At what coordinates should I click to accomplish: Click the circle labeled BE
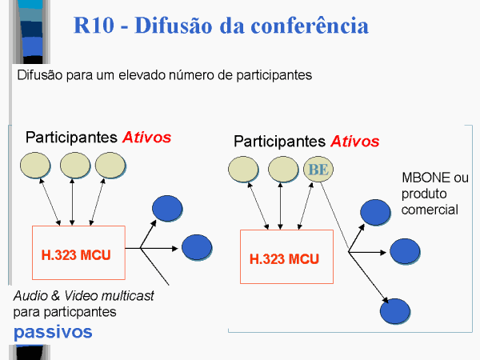(x=318, y=170)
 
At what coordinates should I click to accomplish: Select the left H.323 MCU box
(x=78, y=253)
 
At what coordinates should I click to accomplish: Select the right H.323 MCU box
(x=287, y=257)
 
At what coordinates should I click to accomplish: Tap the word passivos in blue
(x=53, y=333)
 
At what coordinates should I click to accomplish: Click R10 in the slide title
(x=94, y=25)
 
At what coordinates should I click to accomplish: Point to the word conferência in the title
(x=310, y=25)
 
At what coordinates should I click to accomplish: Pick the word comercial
(x=430, y=210)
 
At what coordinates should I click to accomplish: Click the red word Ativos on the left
(x=147, y=137)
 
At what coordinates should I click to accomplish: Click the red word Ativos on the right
(x=355, y=142)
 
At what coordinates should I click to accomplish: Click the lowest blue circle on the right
(x=395, y=311)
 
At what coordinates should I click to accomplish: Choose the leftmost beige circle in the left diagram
(x=35, y=166)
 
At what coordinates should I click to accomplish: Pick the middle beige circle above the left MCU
(x=75, y=166)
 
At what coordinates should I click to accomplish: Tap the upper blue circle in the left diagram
(x=167, y=209)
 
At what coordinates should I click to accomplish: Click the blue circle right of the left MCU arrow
(x=197, y=247)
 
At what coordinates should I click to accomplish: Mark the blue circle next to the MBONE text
(x=375, y=213)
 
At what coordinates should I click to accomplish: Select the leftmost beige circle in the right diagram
(x=243, y=170)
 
